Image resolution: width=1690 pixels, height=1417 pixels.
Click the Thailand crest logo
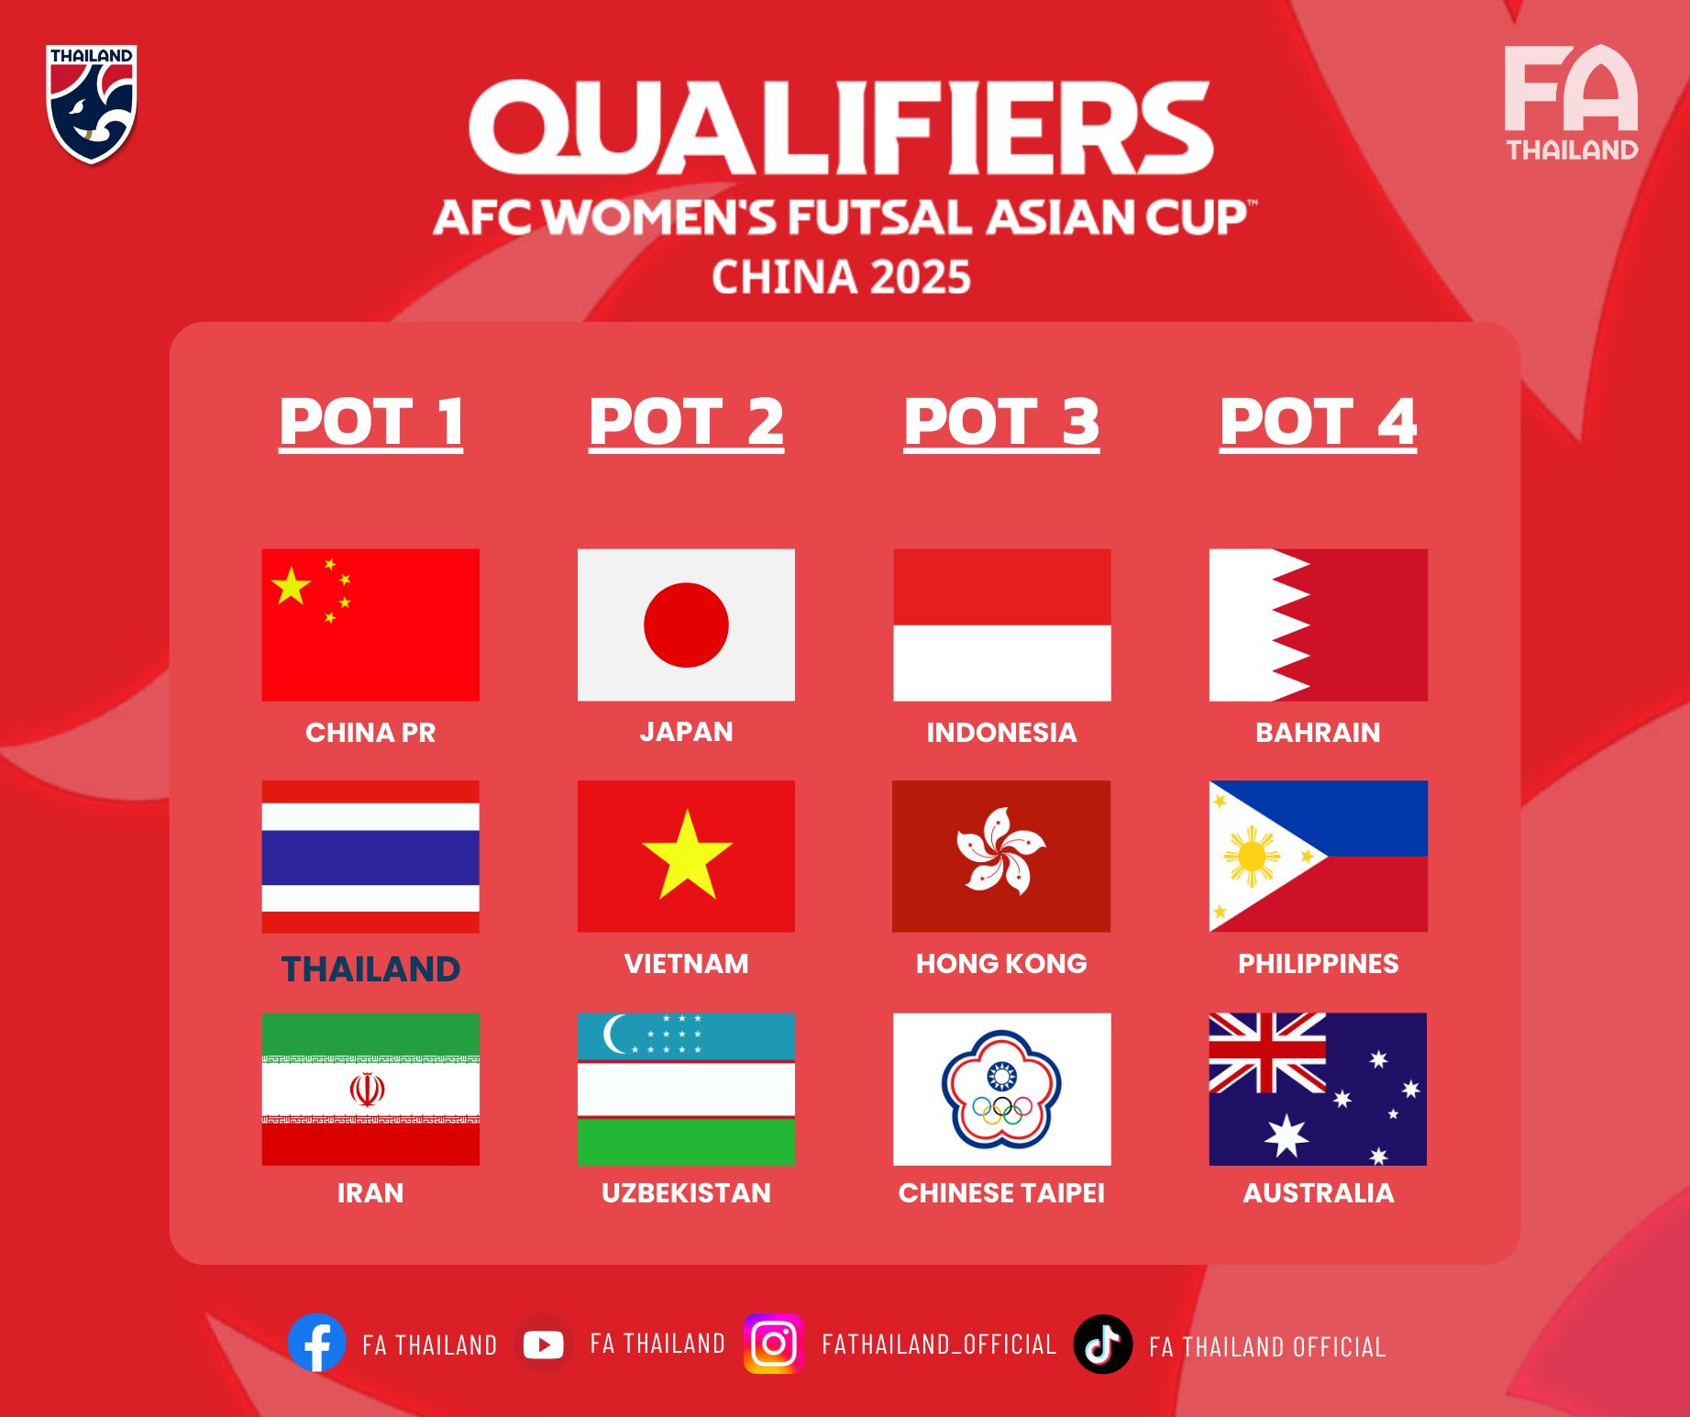pyautogui.click(x=92, y=104)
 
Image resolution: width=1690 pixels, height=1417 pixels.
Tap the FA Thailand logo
pyautogui.click(x=1572, y=102)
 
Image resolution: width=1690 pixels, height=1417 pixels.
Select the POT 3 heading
pyautogui.click(x=1001, y=423)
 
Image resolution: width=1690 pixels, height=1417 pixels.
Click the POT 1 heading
pyautogui.click(x=371, y=423)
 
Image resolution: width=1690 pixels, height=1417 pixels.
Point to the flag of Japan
pyautogui.click(x=686, y=625)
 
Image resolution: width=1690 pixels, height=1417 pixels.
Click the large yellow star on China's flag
pyautogui.click(x=291, y=586)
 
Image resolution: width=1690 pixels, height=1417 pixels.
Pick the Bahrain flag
pyautogui.click(x=1319, y=625)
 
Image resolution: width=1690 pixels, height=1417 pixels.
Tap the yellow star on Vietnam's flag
pyautogui.click(x=687, y=856)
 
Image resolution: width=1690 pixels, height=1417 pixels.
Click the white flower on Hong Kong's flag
pyautogui.click(x=1000, y=850)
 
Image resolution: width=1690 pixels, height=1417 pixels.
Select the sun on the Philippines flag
pyautogui.click(x=1251, y=857)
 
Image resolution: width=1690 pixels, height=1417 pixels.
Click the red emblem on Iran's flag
pyautogui.click(x=367, y=1090)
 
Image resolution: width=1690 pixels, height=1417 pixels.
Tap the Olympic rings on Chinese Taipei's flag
pyautogui.click(x=1001, y=1111)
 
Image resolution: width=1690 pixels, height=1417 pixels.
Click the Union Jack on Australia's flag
pyautogui.click(x=1267, y=1053)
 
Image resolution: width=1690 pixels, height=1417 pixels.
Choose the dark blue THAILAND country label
pyautogui.click(x=370, y=969)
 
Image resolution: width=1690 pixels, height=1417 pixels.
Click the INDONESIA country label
pyautogui.click(x=1001, y=732)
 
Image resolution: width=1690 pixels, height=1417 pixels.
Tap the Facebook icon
pyautogui.click(x=317, y=1343)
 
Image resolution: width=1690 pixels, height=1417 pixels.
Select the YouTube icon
pyautogui.click(x=544, y=1345)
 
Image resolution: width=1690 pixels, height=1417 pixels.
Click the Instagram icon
pyautogui.click(x=774, y=1344)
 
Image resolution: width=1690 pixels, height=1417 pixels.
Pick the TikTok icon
pyautogui.click(x=1103, y=1345)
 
